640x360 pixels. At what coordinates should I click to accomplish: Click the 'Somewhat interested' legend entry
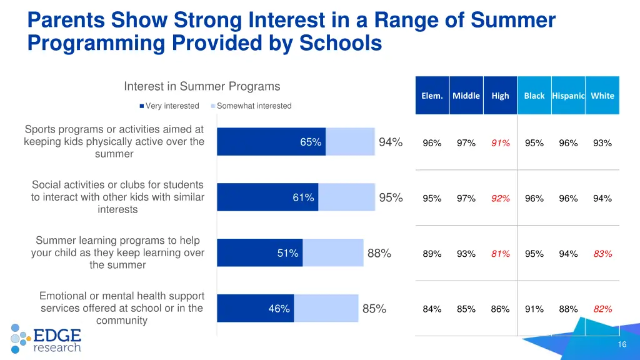[253, 106]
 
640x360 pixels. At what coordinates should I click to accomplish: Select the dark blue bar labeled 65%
[271, 142]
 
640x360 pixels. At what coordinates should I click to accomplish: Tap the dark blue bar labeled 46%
[255, 308]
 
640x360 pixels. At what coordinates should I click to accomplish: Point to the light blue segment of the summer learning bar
[332, 253]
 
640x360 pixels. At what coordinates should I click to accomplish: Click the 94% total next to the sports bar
[391, 142]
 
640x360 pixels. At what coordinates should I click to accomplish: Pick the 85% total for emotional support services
[374, 309]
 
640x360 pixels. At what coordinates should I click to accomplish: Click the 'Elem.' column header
[432, 96]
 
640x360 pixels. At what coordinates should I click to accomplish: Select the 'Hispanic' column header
[568, 96]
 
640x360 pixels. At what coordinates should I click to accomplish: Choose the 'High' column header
[500, 96]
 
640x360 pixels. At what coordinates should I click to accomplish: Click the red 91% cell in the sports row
[500, 143]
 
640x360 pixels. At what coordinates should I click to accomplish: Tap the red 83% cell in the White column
[602, 254]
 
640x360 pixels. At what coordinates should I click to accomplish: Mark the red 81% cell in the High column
[500, 254]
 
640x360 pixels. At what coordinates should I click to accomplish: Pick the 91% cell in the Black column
[534, 309]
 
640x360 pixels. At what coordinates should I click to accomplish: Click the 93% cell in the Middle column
[466, 254]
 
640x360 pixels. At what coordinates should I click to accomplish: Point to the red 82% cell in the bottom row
[602, 309]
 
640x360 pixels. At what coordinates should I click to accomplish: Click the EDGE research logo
[47, 338]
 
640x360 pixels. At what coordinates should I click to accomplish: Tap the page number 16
[621, 346]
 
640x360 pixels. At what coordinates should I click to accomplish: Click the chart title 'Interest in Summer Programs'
[202, 86]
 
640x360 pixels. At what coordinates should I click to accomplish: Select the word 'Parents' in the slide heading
[66, 20]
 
